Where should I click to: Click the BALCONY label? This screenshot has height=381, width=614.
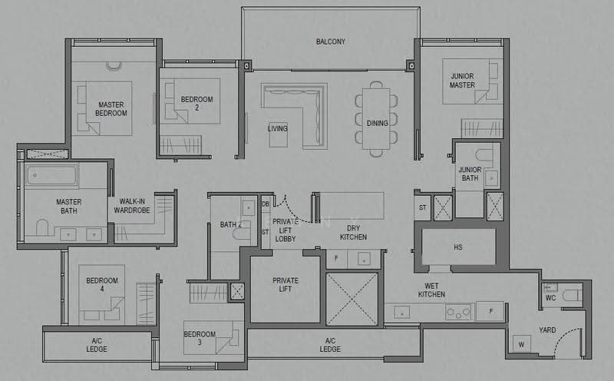[331, 41]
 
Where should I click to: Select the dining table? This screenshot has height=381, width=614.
[376, 119]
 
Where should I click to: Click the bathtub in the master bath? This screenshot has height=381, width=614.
[51, 175]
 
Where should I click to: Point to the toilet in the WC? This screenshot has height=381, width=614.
[572, 295]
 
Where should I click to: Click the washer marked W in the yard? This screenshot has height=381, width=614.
[522, 345]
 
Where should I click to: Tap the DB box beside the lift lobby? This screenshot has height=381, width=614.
[266, 204]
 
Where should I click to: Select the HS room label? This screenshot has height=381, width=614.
[457, 247]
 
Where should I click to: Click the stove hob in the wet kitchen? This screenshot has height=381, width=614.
[458, 313]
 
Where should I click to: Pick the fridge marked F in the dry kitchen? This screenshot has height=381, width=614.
[336, 259]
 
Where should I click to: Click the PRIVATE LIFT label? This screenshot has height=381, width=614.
[285, 285]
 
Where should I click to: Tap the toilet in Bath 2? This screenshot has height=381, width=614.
[242, 234]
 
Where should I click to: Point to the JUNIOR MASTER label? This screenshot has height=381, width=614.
[462, 81]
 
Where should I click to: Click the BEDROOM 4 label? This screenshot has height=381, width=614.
[102, 284]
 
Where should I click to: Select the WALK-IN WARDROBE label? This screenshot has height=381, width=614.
[132, 206]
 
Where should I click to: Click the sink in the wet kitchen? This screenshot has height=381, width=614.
[401, 313]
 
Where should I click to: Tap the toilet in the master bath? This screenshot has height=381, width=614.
[42, 227]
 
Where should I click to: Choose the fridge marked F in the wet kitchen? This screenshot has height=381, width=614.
[490, 311]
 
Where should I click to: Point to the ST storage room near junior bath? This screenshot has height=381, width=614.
[423, 207]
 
